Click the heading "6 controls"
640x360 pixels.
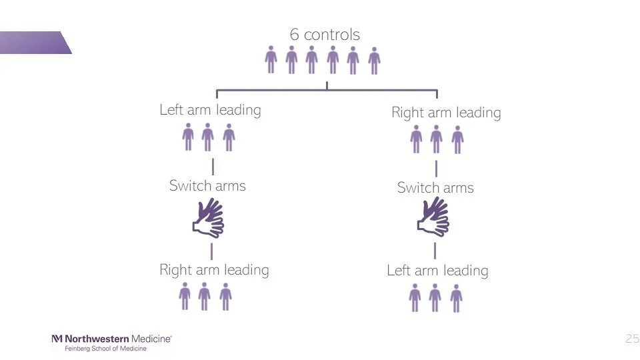tap(325, 34)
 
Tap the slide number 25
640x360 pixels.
tap(632, 339)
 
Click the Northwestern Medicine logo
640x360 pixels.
tap(111, 339)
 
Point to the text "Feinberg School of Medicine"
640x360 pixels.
tap(105, 349)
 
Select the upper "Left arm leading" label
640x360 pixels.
tap(210, 109)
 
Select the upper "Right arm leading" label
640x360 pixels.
tap(446, 112)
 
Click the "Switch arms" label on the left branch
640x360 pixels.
tap(207, 185)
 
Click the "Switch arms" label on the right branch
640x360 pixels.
tap(435, 187)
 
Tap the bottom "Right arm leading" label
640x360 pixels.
tap(214, 269)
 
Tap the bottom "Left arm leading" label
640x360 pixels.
tap(437, 270)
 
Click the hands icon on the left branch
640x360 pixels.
tap(209, 219)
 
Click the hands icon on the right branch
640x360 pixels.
tap(434, 218)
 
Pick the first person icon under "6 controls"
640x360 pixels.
tap(271, 60)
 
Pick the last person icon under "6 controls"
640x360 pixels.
tap(374, 61)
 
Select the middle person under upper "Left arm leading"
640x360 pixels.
tap(208, 137)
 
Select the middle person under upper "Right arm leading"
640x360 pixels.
tap(436, 139)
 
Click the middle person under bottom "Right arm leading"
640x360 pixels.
tap(205, 296)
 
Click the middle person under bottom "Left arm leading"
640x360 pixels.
tap(435, 297)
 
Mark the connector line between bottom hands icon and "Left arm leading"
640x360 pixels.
tap(435, 251)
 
